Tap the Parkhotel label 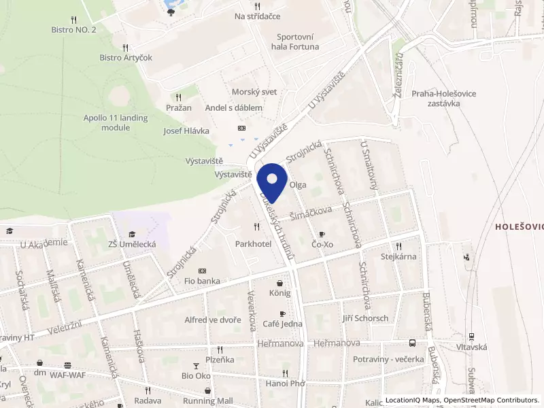254,243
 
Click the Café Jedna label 282,324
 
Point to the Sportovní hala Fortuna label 298,42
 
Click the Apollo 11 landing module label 116,122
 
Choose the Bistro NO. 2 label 73,29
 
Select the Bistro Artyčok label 126,58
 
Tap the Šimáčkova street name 311,211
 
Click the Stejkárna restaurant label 398,256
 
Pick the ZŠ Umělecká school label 133,243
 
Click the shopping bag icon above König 279,283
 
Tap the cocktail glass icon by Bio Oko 197,365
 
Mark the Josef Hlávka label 186,131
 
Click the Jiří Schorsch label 365,318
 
